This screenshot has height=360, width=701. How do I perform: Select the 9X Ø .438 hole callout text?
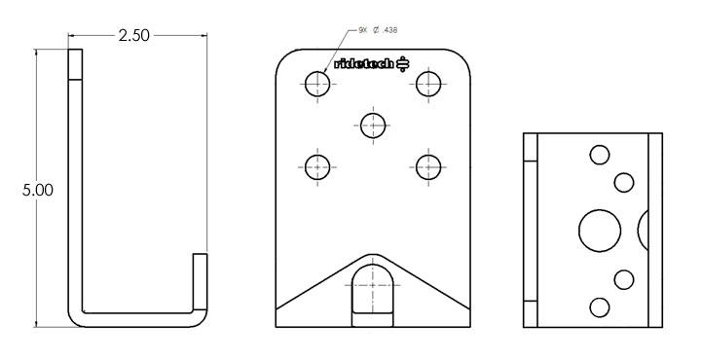point(379,29)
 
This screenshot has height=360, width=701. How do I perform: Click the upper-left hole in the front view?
point(317,84)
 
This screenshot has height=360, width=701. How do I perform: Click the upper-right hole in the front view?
point(428,84)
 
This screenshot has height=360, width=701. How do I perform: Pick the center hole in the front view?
point(373,125)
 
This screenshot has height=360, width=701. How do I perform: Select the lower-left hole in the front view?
point(317,166)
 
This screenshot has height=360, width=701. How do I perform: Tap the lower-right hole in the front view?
point(428,166)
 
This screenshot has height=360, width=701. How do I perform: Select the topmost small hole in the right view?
point(600,154)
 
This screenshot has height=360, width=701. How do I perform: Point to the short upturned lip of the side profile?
point(200,282)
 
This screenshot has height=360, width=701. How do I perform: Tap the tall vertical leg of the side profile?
point(75,185)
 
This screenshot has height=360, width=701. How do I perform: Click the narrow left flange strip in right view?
point(531,231)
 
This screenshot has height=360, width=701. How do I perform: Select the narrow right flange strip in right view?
point(655,231)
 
